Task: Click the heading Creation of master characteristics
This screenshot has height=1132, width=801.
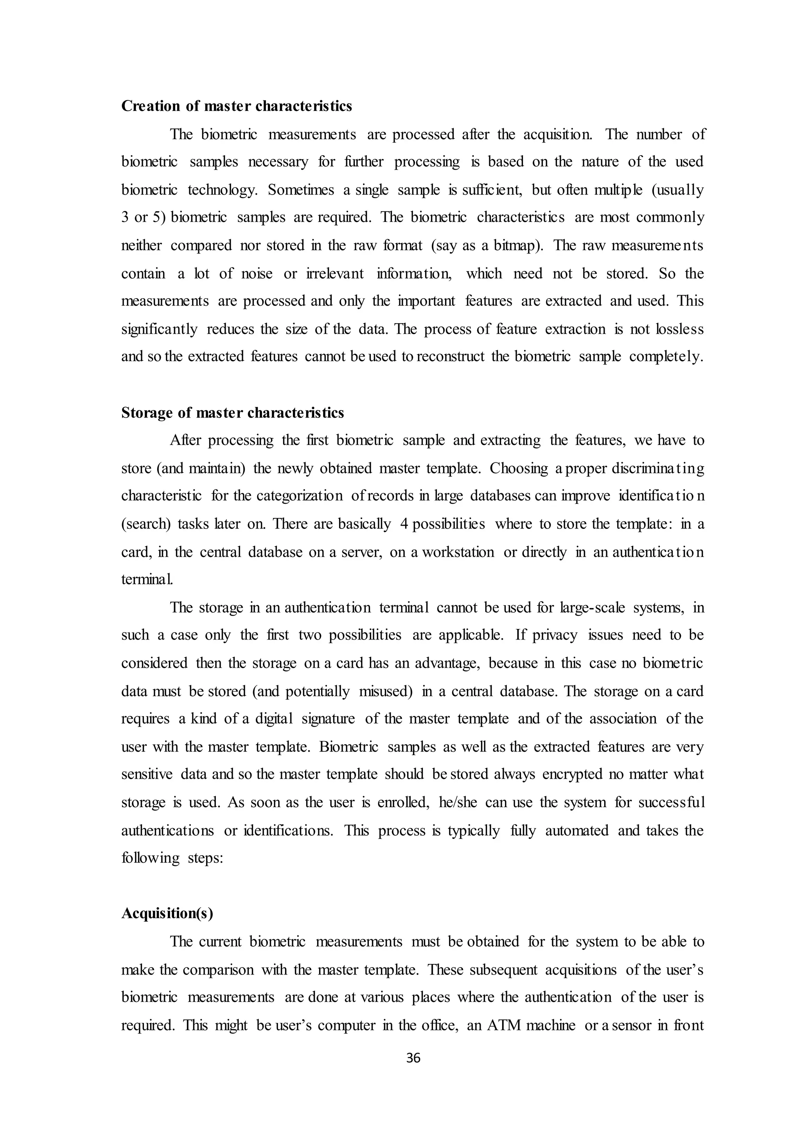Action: pyautogui.click(x=236, y=106)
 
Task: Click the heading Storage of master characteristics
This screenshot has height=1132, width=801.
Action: pyautogui.click(x=232, y=413)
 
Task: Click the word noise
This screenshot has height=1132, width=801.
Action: pyautogui.click(x=257, y=273)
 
